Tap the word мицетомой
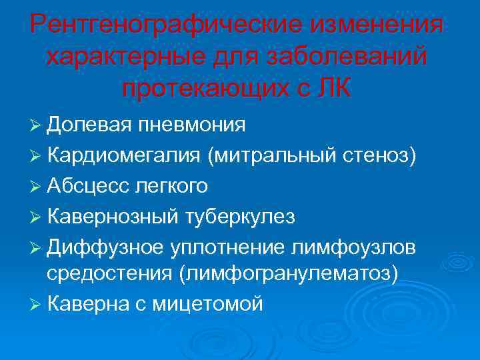208,304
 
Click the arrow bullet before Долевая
36,125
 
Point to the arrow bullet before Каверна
36,305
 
